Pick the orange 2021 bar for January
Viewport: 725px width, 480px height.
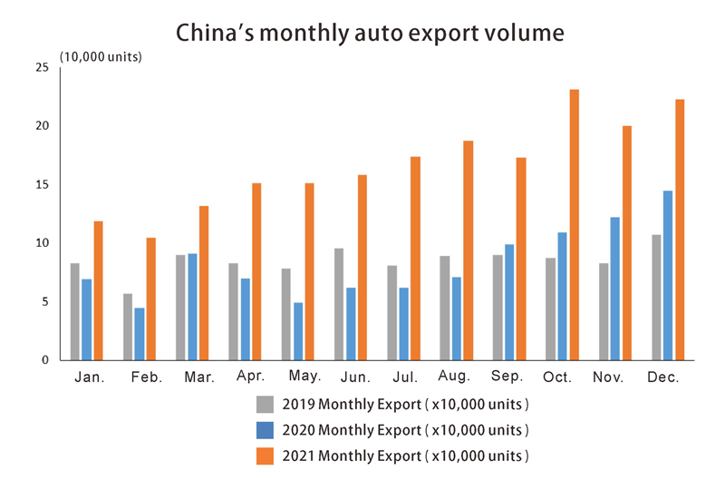coord(98,290)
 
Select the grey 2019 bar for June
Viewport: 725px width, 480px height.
coord(339,304)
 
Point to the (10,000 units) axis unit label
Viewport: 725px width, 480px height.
coord(101,56)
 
